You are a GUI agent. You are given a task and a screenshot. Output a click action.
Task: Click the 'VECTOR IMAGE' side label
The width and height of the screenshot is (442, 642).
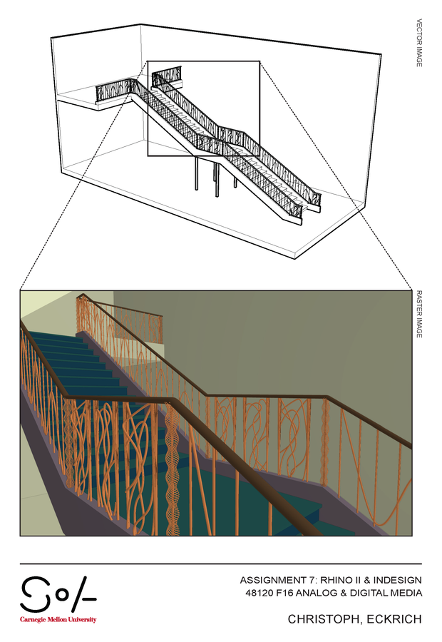[419, 43]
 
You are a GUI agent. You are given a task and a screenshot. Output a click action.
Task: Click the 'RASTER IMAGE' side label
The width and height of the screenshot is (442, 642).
[419, 313]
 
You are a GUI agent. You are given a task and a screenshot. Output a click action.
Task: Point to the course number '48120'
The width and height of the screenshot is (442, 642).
[255, 593]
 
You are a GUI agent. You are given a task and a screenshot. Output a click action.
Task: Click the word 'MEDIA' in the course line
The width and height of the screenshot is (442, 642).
[406, 593]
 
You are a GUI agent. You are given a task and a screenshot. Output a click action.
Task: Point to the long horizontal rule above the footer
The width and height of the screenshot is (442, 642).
[221, 564]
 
